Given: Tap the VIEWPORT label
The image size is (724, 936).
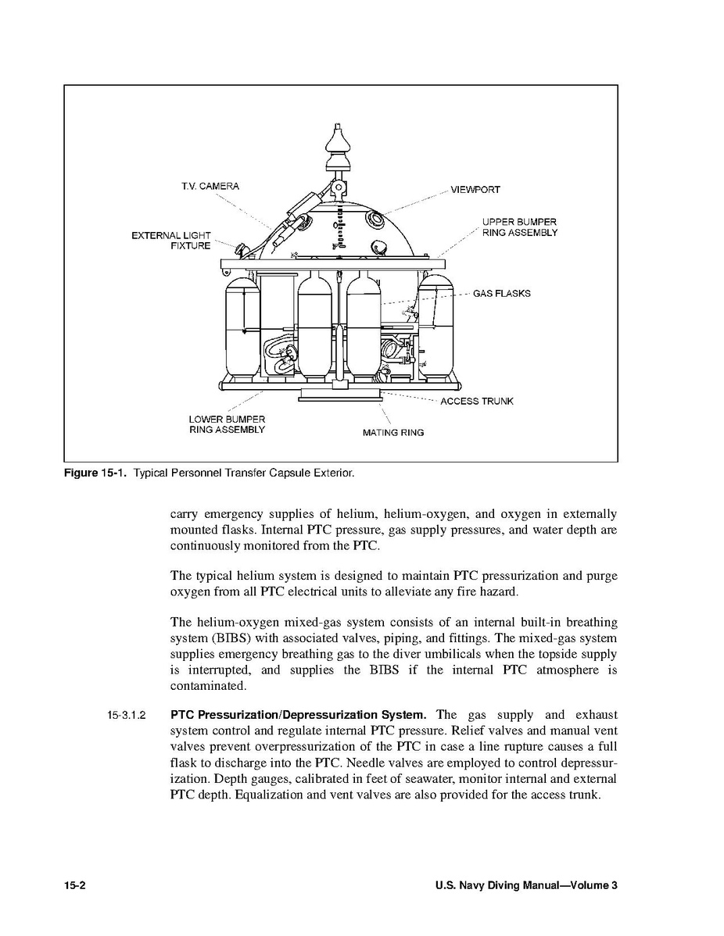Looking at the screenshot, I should [475, 190].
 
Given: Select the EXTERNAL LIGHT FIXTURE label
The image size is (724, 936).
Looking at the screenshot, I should [170, 241].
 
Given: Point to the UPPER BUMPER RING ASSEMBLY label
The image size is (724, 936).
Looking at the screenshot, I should [519, 228].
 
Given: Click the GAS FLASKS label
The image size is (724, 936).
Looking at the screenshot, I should [501, 294].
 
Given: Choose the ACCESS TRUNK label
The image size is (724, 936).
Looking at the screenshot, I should [477, 402].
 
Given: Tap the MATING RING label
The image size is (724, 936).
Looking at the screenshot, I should [393, 433].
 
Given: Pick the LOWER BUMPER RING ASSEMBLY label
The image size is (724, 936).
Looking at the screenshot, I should [227, 425].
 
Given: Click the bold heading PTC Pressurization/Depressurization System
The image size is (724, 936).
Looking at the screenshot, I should [299, 715].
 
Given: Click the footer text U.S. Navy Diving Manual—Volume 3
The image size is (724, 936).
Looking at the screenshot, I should [526, 885].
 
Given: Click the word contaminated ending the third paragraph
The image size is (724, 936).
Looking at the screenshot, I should [208, 686].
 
